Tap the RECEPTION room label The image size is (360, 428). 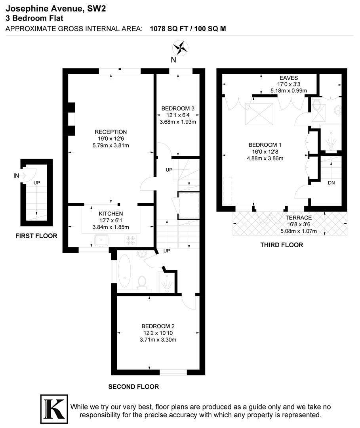(110, 132)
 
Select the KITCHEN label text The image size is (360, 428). (111, 214)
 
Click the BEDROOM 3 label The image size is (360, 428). (178, 108)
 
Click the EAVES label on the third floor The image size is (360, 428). (289, 78)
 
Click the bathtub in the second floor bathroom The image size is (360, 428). (125, 271)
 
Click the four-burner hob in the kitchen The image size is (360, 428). (130, 240)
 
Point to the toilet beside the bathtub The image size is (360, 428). (142, 281)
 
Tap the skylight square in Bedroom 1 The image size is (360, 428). (260, 113)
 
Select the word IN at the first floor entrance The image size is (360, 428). (16, 176)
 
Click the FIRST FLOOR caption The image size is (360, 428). (36, 236)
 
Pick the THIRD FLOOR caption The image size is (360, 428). (282, 245)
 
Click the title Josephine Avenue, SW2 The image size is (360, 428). (56, 8)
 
